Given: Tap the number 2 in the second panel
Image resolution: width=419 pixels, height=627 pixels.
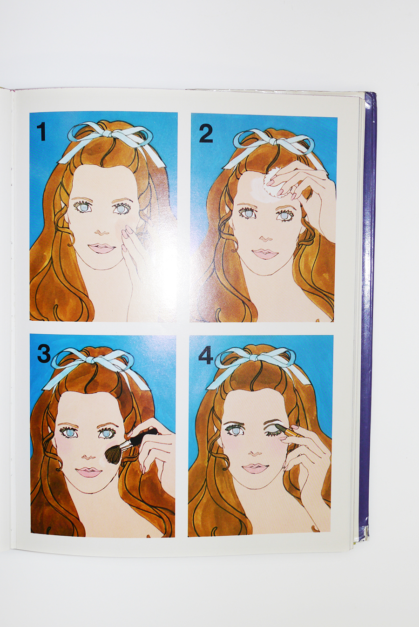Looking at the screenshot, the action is tap(205, 134).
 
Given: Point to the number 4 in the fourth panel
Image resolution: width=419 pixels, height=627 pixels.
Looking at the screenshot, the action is tap(205, 355).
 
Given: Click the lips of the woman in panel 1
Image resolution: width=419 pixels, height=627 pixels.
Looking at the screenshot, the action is tap(100, 248).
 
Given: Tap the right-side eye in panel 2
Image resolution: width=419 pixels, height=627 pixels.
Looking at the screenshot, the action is tap(284, 216).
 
